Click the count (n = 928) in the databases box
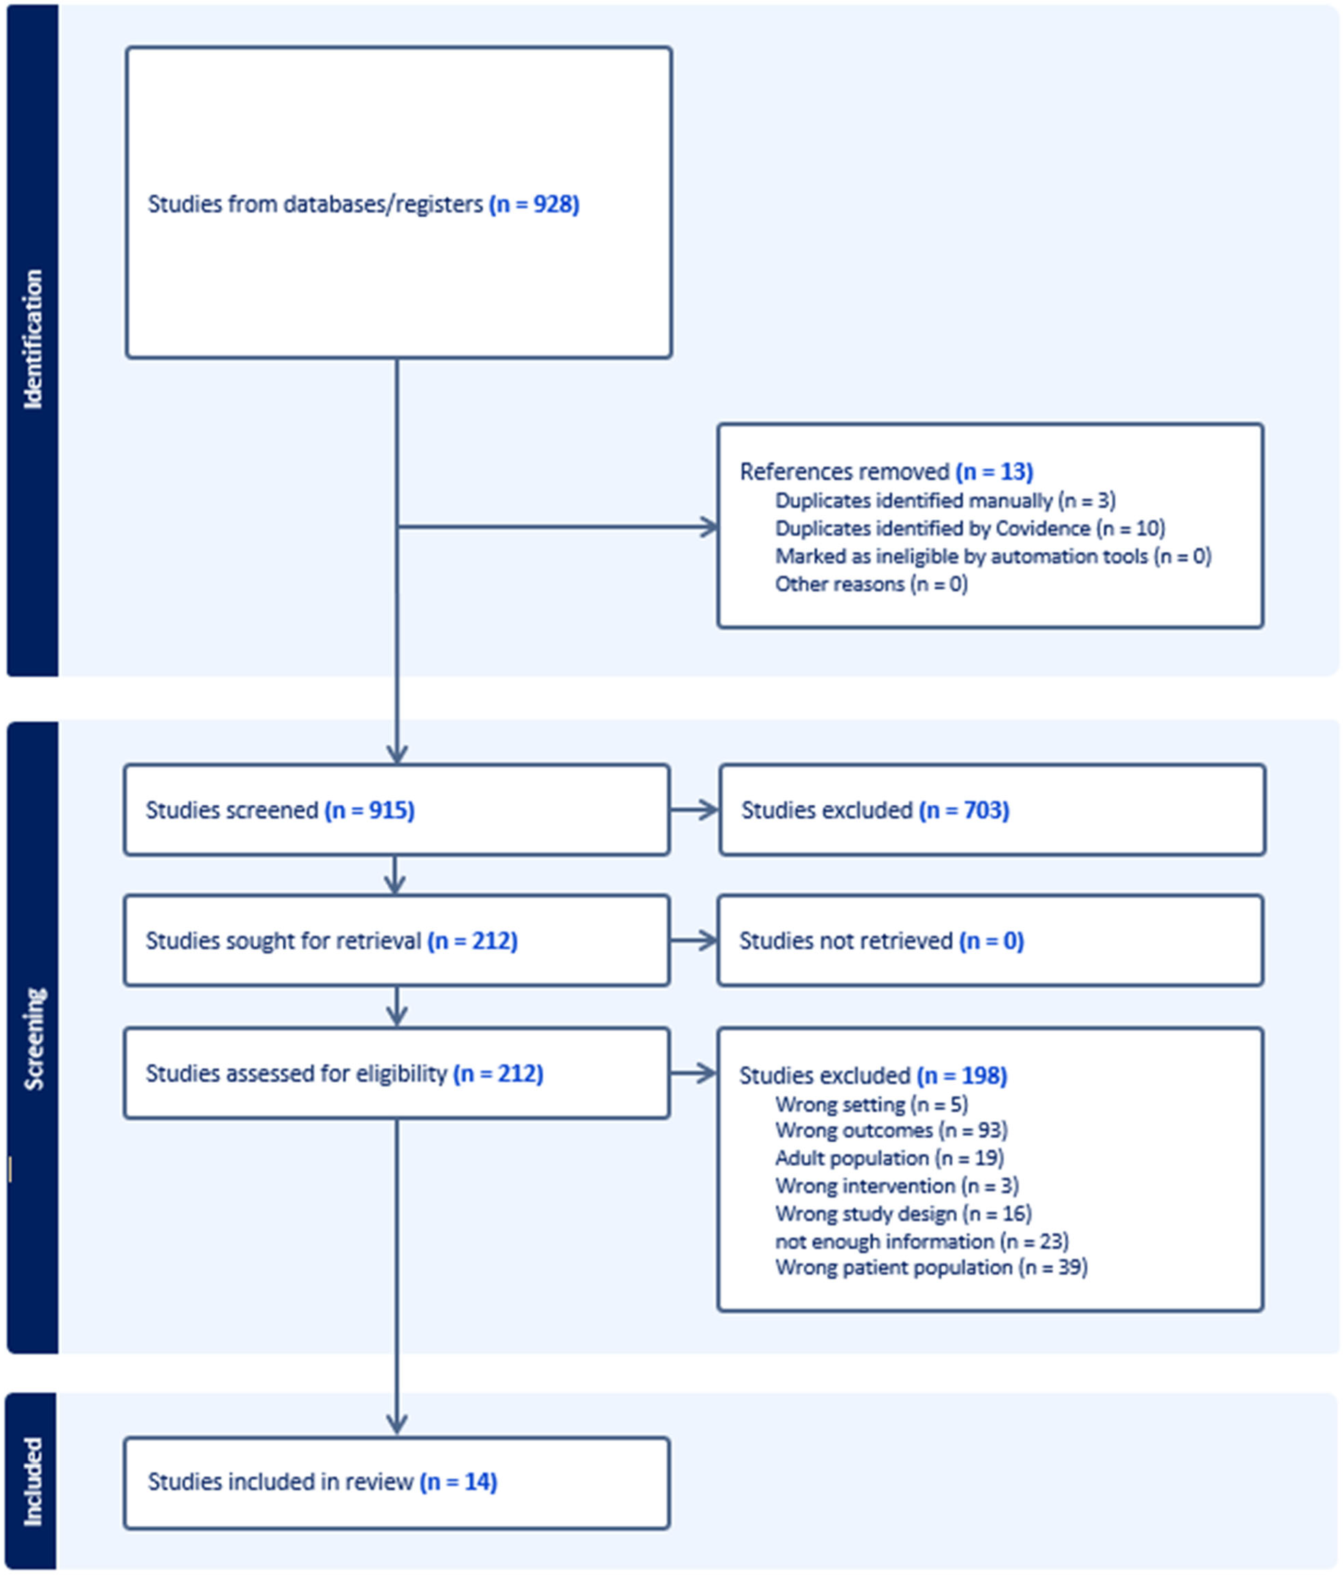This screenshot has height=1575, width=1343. click(x=534, y=204)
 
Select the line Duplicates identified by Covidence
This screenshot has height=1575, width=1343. click(x=970, y=528)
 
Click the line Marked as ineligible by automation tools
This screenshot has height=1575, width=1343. click(x=993, y=556)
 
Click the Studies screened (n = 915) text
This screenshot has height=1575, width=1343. click(x=280, y=810)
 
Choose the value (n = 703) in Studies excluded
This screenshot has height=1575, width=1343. click(x=964, y=810)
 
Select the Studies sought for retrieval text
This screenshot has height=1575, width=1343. click(x=331, y=941)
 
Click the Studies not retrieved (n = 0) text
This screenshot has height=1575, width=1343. click(x=882, y=941)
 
